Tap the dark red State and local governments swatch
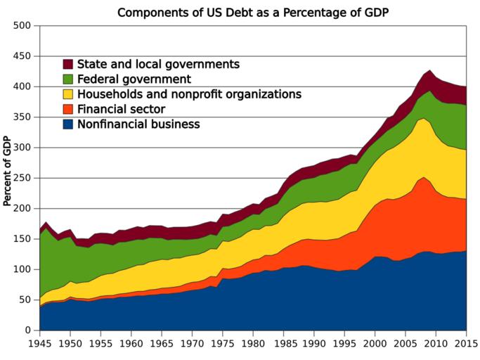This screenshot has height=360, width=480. click(x=69, y=64)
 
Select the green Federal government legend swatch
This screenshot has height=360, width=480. click(x=69, y=79)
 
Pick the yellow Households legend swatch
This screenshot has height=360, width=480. click(x=69, y=94)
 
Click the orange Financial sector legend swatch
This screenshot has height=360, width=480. click(x=69, y=109)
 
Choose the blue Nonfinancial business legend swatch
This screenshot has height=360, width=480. click(x=69, y=124)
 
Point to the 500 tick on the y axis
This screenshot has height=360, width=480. click(x=22, y=26)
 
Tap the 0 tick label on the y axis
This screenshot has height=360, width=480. click(x=28, y=330)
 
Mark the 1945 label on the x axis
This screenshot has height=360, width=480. click(x=39, y=344)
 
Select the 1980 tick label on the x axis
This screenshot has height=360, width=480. click(x=253, y=344)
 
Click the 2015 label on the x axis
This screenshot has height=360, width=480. click(x=466, y=344)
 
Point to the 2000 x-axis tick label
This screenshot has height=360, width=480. click(x=375, y=344)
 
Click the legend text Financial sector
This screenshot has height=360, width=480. click(x=121, y=109)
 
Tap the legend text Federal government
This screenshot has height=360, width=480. click(x=134, y=79)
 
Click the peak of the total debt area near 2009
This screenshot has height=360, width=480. click(x=429, y=70)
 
